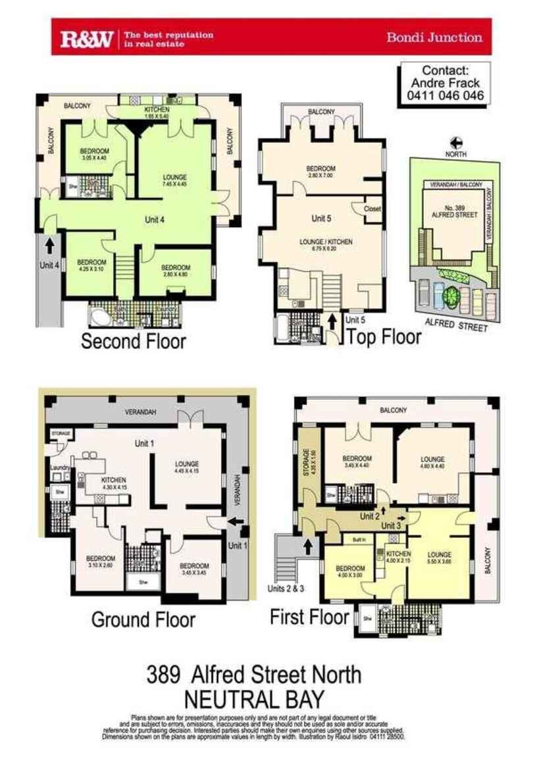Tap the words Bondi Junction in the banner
coord(434,37)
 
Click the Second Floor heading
coord(133,341)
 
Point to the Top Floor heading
coord(384,336)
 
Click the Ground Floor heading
coord(143,619)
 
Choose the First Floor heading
coord(309,617)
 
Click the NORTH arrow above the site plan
coord(455,142)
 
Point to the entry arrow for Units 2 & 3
coord(306,546)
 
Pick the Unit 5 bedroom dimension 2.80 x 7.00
coord(322,176)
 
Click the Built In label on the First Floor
coord(359,540)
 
